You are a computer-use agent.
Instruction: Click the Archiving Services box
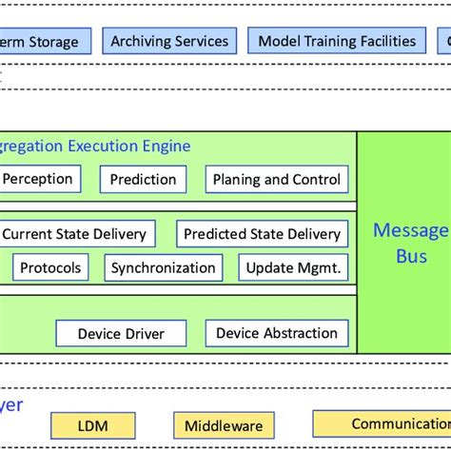coord(169,41)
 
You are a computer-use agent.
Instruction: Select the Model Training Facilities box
coord(337,41)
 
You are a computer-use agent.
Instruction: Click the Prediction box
coord(143,179)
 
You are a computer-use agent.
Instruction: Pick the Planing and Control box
coord(276,179)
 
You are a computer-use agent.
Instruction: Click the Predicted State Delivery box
coord(262,233)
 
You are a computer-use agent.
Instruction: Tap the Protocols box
coord(50,267)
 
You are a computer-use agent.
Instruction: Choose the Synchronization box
coord(164,267)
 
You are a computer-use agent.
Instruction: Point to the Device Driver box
coord(121,333)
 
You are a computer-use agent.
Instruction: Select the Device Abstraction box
coord(277,333)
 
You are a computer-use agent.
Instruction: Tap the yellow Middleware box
coord(224,425)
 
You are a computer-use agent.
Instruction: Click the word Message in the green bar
coord(410,230)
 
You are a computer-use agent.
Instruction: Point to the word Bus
coord(404,256)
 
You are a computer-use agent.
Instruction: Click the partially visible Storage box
coord(44,42)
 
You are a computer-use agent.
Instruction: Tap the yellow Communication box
coord(385,424)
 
